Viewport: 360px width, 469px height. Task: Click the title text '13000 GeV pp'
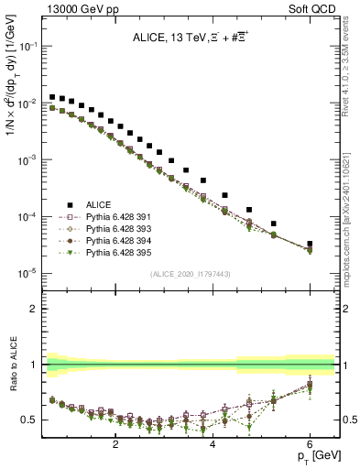pos(75,7)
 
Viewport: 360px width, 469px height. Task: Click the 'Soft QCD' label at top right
pos(314,7)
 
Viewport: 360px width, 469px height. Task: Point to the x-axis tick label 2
pos(115,444)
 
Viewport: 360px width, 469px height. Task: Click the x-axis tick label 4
pos(213,444)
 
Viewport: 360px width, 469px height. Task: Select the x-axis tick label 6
pos(310,444)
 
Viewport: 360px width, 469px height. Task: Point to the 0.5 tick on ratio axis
pos(30,420)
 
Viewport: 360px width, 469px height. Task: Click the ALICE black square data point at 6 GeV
pos(310,244)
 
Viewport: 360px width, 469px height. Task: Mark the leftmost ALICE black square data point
pos(53,96)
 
